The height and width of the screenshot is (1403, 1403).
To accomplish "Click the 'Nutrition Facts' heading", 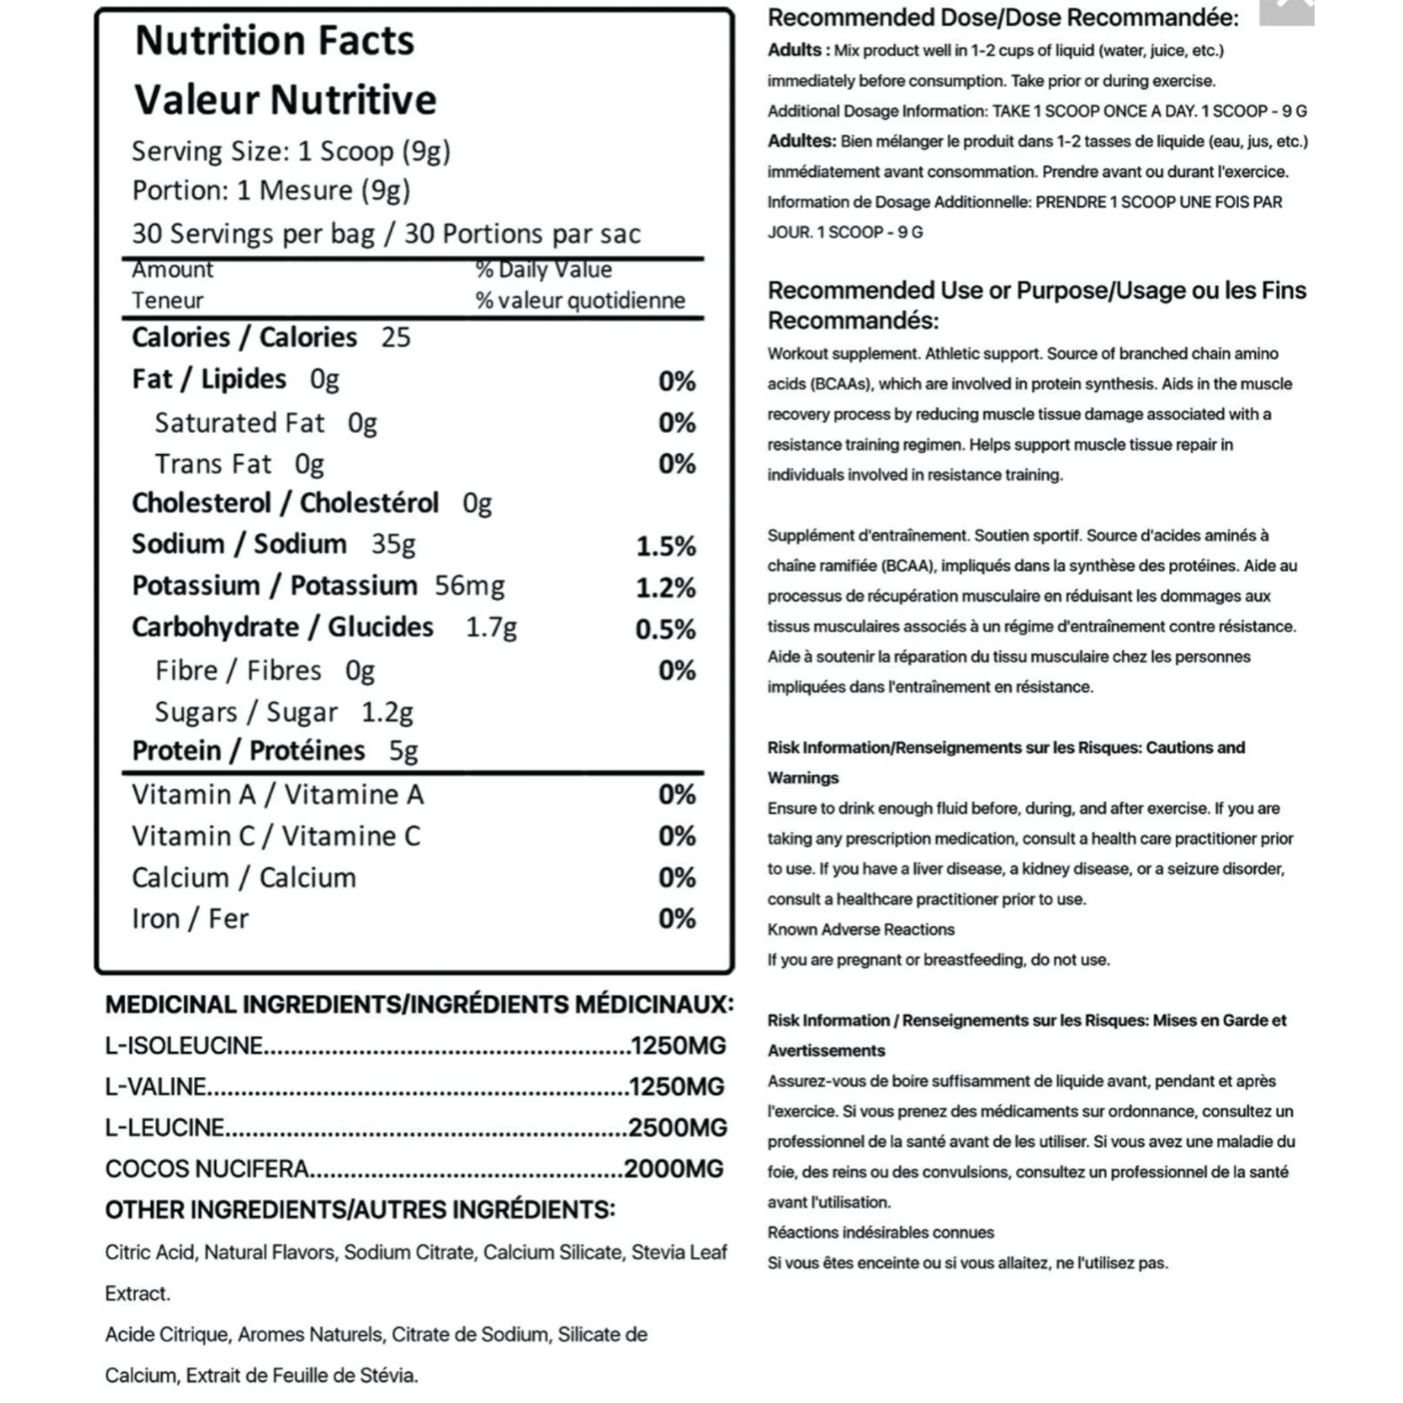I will tap(275, 40).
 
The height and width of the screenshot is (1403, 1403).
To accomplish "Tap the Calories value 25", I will tap(396, 338).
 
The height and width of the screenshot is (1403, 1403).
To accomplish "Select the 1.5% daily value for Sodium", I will tap(665, 546).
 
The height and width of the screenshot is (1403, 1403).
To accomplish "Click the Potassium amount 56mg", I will tap(469, 586).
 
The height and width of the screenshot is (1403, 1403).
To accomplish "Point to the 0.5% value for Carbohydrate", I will tap(665, 629).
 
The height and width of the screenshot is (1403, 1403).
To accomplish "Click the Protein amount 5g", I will tap(403, 751).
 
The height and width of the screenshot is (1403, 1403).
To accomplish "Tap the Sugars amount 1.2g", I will tap(387, 712).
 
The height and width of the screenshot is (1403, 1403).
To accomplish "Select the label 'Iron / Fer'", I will tap(190, 919).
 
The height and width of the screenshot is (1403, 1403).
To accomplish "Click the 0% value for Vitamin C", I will tap(677, 836).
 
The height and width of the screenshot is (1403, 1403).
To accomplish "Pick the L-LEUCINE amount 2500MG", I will tap(677, 1128).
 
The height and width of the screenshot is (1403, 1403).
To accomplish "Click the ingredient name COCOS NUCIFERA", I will tap(207, 1169).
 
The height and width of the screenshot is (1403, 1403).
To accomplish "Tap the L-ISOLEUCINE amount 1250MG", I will tap(678, 1045).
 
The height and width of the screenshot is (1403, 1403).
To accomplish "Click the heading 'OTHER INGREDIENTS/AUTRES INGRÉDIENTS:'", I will tap(360, 1210).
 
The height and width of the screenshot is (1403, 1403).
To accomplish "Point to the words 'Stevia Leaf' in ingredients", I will tap(679, 1253).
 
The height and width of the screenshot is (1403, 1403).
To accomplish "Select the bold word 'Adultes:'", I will tap(802, 141).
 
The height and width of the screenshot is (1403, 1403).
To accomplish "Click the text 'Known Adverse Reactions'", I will tap(860, 930).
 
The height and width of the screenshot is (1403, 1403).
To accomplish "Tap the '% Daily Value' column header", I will tap(543, 270).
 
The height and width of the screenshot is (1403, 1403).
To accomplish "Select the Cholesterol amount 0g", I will tap(477, 504).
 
